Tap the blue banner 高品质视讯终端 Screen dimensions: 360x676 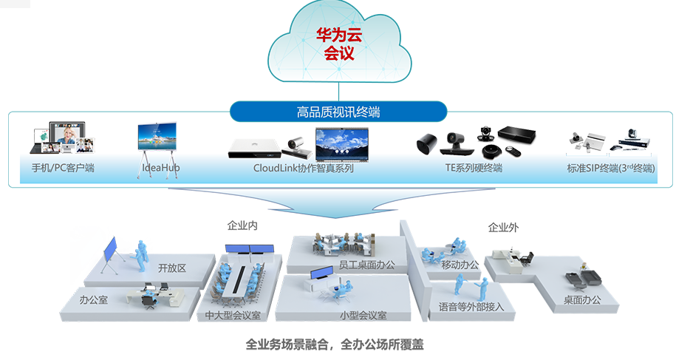338,112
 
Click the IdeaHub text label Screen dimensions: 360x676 160,168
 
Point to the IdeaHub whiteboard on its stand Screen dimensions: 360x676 157,140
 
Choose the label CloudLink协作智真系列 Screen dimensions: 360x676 304,168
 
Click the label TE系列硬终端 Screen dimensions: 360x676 473,168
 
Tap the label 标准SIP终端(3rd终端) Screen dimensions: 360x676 612,168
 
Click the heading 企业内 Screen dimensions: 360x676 242,225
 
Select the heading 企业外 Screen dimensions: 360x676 503,228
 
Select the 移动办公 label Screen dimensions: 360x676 460,265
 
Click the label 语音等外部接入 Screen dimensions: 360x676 471,306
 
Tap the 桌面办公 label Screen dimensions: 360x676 582,299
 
